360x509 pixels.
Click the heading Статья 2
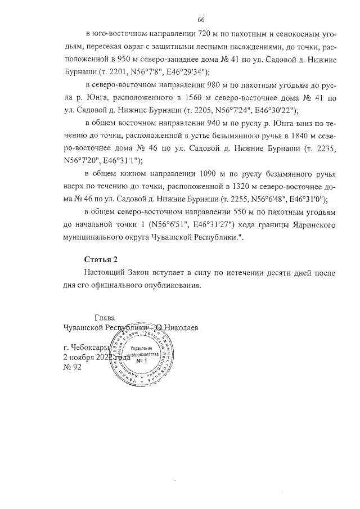pyautogui.click(x=101, y=259)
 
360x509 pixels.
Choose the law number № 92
pyautogui.click(x=73, y=368)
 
